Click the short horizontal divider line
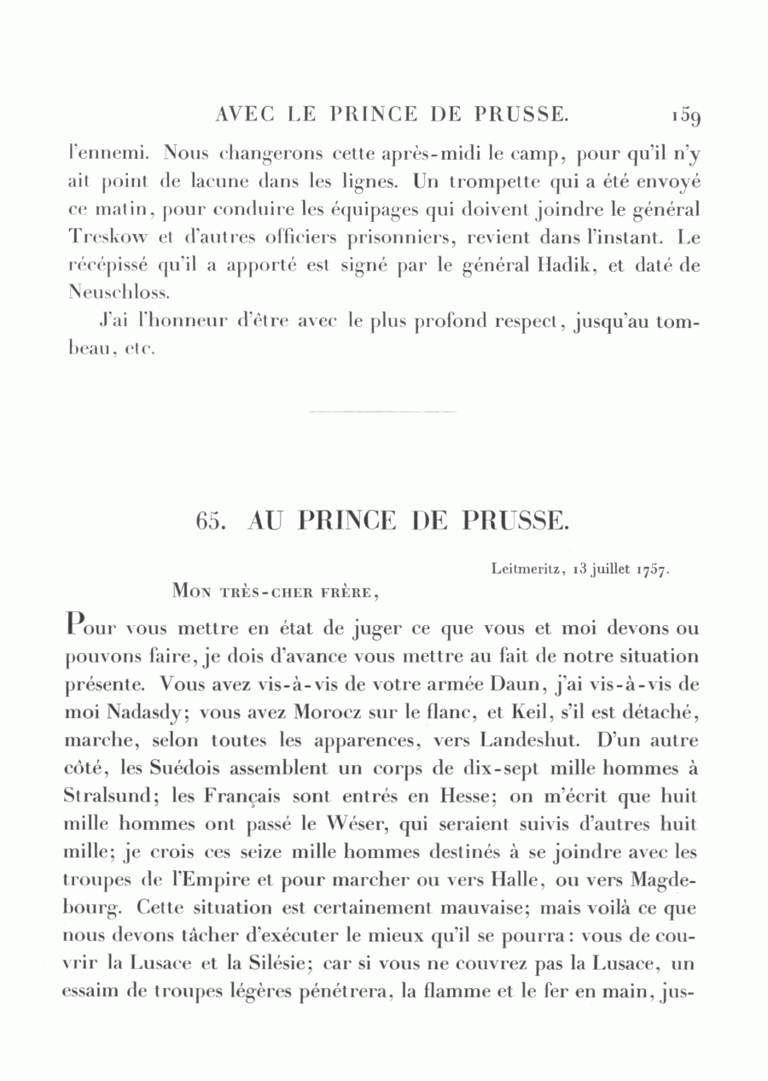tap(383, 412)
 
